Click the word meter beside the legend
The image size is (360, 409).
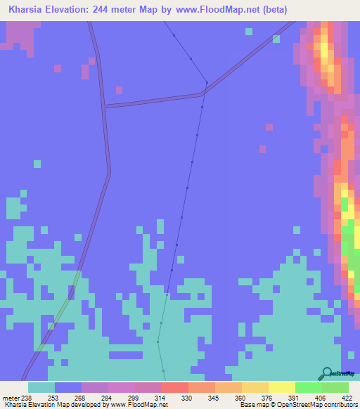[x=11, y=397]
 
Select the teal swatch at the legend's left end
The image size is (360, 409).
[x=41, y=387]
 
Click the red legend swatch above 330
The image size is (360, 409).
[x=174, y=387]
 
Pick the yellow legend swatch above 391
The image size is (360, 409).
[x=281, y=387]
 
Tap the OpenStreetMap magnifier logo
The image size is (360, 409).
[x=326, y=373]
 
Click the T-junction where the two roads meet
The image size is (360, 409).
[x=104, y=107]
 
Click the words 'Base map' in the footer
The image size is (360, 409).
[x=254, y=405]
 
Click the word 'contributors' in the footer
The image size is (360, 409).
[x=339, y=405]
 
